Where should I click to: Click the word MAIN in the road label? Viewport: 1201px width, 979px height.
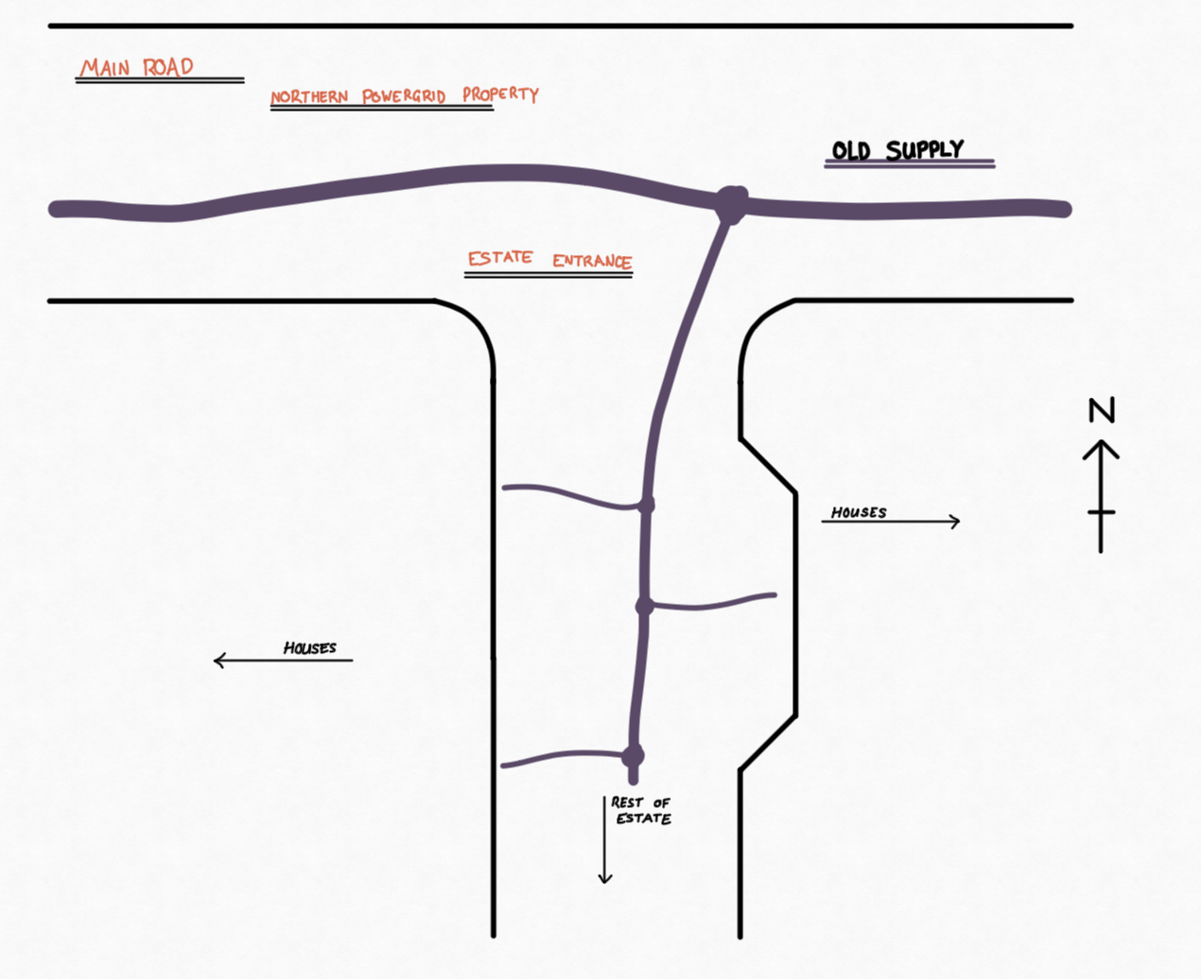coord(105,68)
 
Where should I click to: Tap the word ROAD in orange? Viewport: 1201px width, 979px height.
coord(168,67)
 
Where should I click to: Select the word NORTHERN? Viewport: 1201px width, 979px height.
coord(309,96)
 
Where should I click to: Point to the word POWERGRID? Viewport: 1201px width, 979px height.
coord(404,95)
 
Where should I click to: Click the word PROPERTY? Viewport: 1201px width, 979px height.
coord(500,94)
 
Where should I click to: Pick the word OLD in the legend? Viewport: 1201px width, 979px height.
coord(851,151)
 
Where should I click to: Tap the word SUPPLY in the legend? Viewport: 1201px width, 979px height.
coord(925,149)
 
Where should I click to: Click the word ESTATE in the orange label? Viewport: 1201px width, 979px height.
coord(500,258)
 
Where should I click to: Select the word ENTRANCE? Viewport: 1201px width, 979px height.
coord(592,261)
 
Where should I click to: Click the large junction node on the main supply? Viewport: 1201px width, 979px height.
coord(731,204)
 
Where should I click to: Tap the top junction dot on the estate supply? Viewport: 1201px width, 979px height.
coord(646,505)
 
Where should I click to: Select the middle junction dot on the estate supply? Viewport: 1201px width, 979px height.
coord(644,606)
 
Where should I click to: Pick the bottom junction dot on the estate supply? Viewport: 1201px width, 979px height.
coord(633,756)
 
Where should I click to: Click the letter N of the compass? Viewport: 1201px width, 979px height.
coord(1102,410)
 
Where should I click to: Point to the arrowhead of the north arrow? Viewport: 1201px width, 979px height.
coord(1101,449)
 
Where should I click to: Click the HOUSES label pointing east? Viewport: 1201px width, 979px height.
coord(859,513)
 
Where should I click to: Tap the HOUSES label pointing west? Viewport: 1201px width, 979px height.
coord(310,647)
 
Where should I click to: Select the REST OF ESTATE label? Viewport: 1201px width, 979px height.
coord(641,811)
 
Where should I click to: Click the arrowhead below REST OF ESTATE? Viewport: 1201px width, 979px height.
coord(605,877)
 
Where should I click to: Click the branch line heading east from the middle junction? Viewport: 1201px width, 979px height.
coord(712,605)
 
